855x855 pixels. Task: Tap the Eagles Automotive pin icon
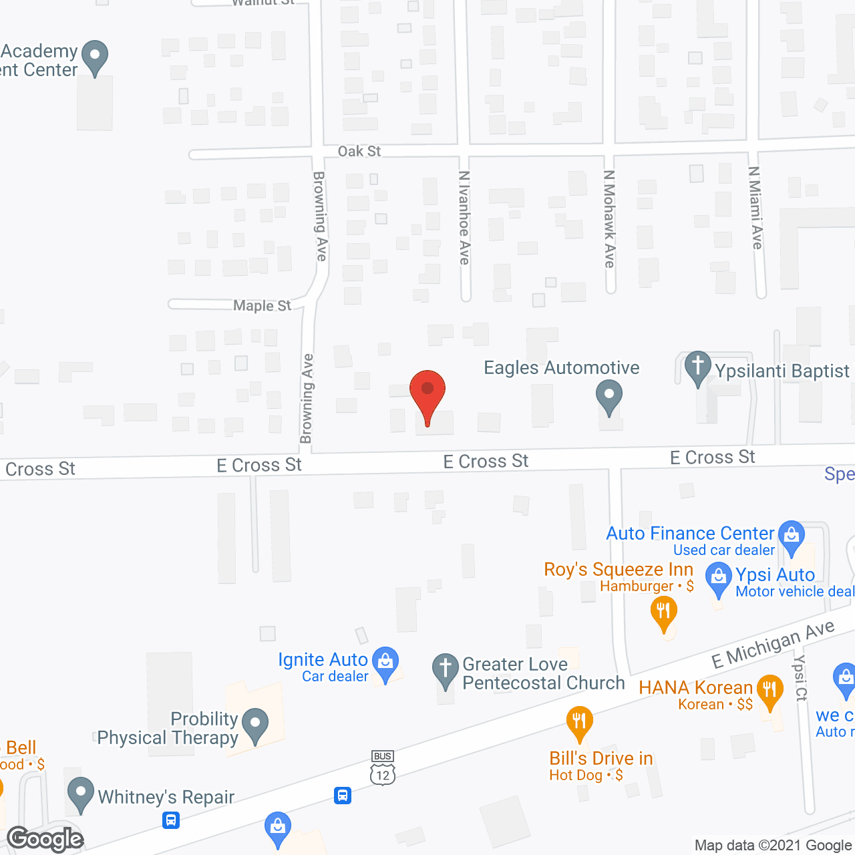(x=609, y=397)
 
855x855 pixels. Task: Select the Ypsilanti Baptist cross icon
(x=698, y=368)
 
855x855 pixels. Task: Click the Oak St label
(x=359, y=152)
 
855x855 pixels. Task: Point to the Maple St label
(x=262, y=305)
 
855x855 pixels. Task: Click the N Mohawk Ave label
(x=609, y=219)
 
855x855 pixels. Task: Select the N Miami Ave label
(x=755, y=208)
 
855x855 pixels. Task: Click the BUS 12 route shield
(x=383, y=767)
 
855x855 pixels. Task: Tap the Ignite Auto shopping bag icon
(x=385, y=663)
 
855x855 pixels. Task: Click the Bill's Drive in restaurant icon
(x=579, y=723)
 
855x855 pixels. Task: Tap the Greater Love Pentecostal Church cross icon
(x=445, y=669)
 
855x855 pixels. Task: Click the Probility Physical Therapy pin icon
(x=254, y=725)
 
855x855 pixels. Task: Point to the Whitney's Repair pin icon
(x=81, y=794)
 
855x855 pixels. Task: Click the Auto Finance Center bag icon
(x=792, y=536)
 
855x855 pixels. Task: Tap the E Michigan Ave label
(x=773, y=644)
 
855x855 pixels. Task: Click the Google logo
(x=45, y=839)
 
